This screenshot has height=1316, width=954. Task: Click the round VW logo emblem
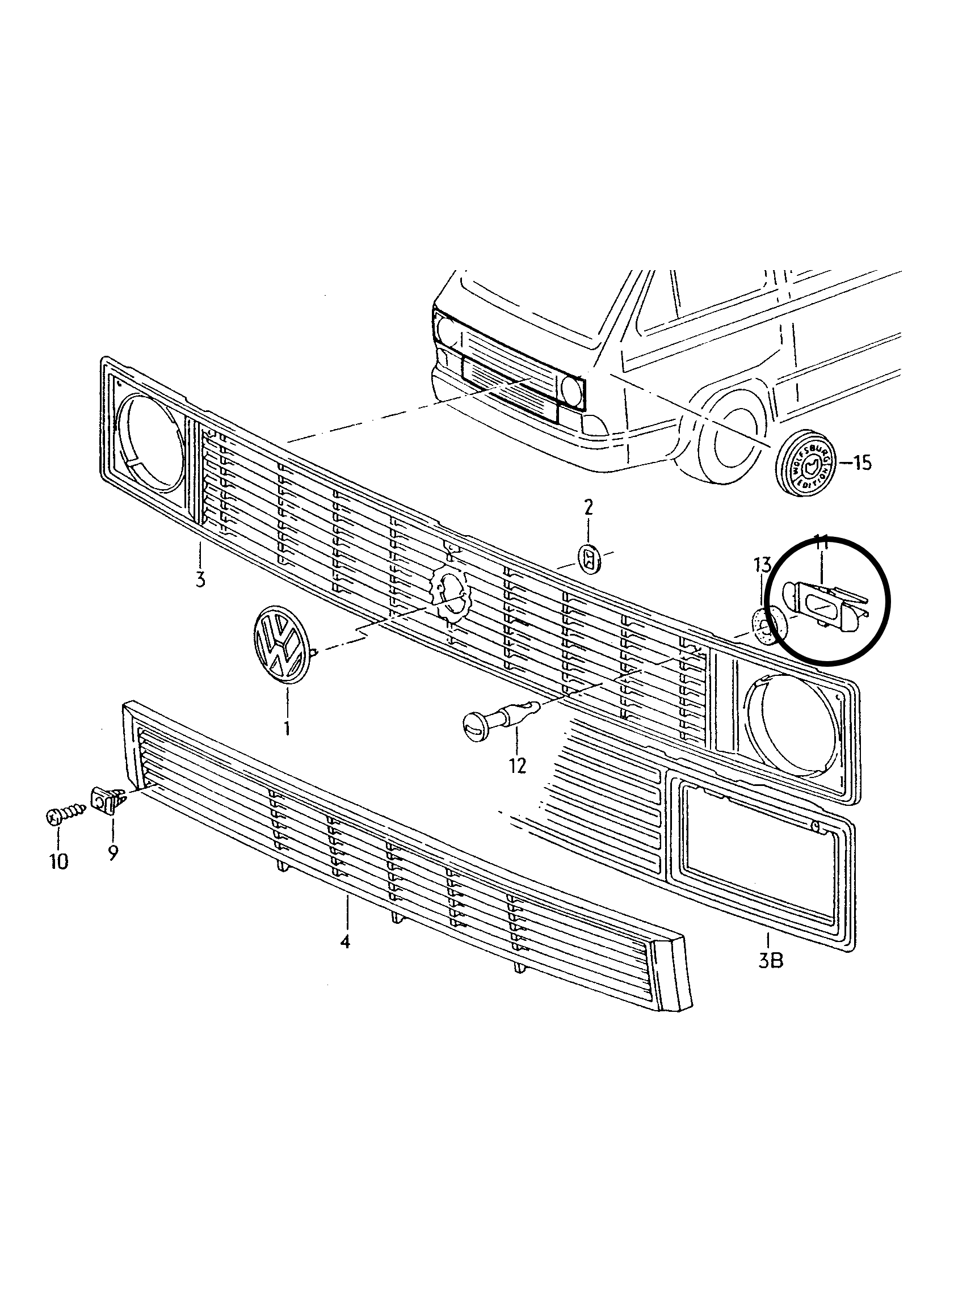click(279, 644)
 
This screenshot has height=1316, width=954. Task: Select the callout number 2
click(589, 508)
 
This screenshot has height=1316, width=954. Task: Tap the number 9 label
click(112, 852)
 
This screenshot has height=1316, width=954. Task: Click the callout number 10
click(58, 861)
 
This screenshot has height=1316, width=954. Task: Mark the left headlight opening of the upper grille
click(152, 447)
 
